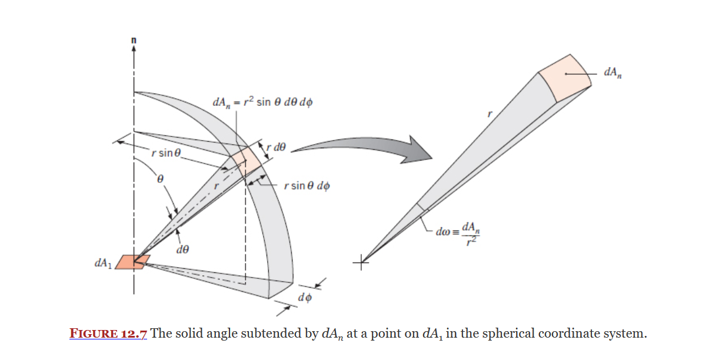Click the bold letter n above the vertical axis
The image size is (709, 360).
pos(134,39)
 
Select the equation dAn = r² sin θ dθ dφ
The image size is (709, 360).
pos(262,103)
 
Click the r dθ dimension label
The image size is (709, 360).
pos(276,147)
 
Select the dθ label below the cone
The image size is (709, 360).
pos(182,250)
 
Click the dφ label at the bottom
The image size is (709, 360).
pos(305,298)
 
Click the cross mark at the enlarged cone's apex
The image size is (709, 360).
pos(361,263)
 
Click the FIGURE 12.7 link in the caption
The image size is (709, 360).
pos(108,334)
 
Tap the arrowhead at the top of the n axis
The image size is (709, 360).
pos(134,49)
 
